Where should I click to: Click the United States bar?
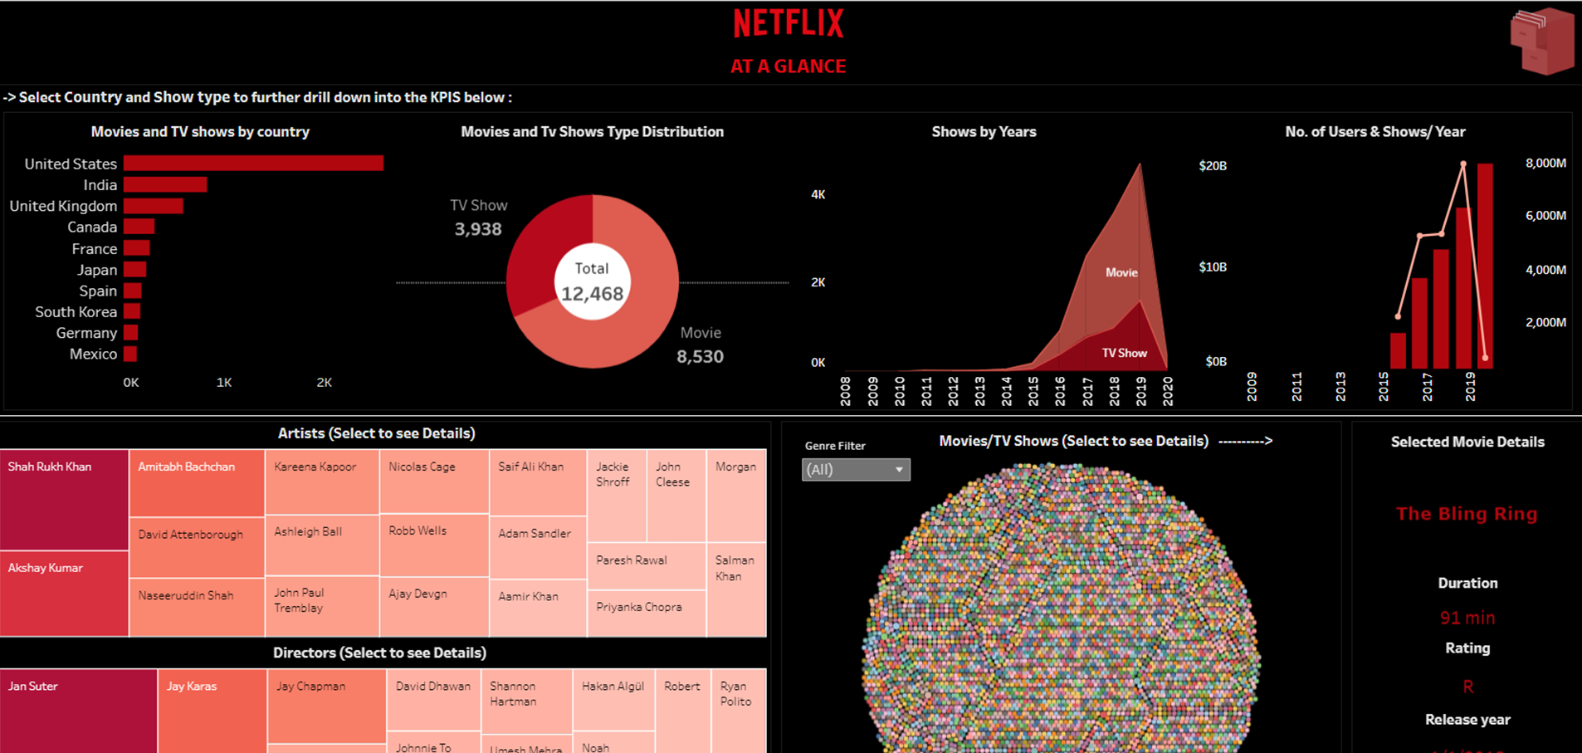click(x=253, y=164)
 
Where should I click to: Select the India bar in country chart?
click(x=165, y=184)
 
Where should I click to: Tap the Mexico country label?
click(x=93, y=354)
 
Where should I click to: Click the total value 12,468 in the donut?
click(x=592, y=294)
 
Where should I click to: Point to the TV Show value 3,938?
click(x=478, y=229)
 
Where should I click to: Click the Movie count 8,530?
click(x=700, y=356)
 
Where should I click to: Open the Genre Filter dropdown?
click(x=856, y=470)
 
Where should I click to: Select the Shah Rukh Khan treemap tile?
click(x=64, y=498)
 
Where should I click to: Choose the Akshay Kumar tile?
click(x=64, y=593)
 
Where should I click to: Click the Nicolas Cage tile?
click(x=433, y=482)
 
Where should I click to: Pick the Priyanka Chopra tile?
click(x=645, y=613)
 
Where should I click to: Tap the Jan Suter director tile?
click(x=78, y=710)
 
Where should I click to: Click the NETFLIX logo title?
click(x=789, y=23)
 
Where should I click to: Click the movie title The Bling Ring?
click(x=1467, y=514)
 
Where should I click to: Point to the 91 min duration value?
click(x=1467, y=618)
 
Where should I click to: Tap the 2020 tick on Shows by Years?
click(x=1168, y=390)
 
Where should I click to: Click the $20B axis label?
click(x=1213, y=166)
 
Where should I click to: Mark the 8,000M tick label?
click(x=1545, y=163)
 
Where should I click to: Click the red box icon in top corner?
click(x=1541, y=42)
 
